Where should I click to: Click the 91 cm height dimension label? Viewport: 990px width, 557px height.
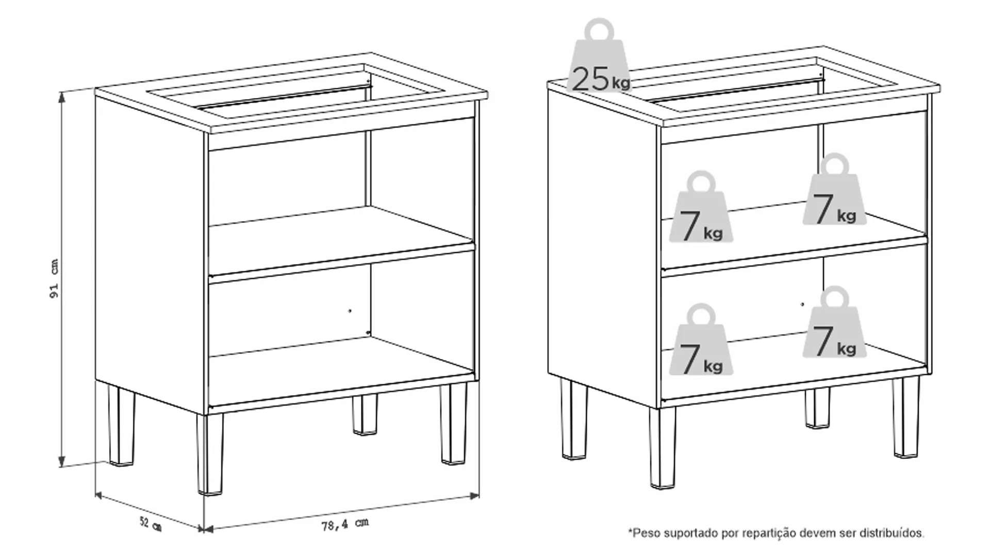tap(54, 278)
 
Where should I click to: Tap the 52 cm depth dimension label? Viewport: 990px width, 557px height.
tap(151, 523)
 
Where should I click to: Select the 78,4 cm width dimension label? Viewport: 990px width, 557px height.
tap(345, 525)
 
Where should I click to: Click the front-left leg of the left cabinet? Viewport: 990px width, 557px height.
tap(209, 454)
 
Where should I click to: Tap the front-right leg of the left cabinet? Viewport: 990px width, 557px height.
tap(454, 423)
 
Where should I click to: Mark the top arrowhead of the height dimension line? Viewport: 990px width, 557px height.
tap(62, 96)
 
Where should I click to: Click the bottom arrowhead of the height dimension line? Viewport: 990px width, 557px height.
tap(62, 462)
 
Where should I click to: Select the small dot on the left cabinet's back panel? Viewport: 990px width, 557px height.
tap(350, 310)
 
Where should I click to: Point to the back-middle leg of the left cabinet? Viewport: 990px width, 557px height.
tap(365, 414)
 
